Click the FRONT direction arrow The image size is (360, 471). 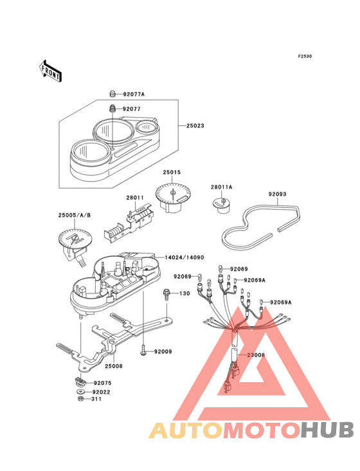[x=50, y=71]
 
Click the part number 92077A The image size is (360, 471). [x=134, y=95]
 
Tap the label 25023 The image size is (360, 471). [x=195, y=126]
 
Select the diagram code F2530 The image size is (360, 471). [x=305, y=56]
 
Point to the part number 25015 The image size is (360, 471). [x=172, y=172]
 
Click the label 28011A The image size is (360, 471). [x=221, y=187]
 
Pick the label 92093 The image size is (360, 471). [x=277, y=194]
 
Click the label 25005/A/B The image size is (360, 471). [x=75, y=216]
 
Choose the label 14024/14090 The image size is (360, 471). [x=184, y=258]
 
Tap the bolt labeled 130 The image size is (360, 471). [x=166, y=294]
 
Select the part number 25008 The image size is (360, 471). [x=114, y=366]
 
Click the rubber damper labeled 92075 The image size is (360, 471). [x=80, y=382]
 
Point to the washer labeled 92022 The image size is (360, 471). [x=80, y=392]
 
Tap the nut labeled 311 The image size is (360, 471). [x=80, y=399]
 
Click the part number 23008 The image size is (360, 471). [x=256, y=355]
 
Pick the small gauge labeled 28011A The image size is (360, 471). [x=222, y=205]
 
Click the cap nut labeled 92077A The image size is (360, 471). [x=112, y=94]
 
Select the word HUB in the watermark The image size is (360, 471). [x=327, y=430]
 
